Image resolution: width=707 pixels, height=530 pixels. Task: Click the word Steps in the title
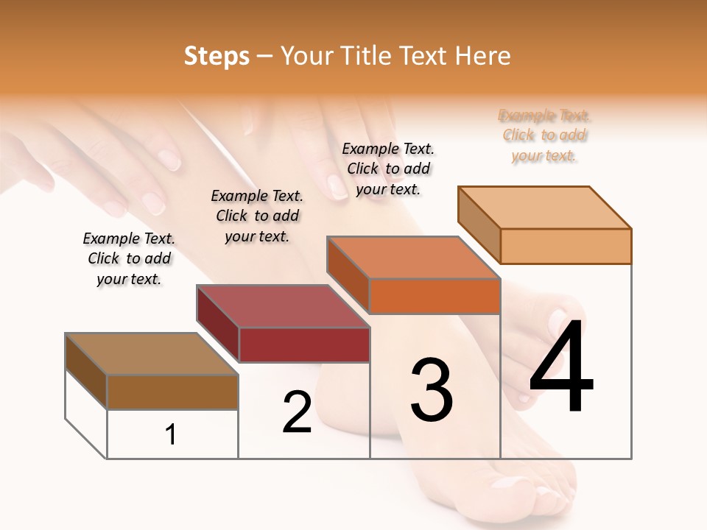[217, 56]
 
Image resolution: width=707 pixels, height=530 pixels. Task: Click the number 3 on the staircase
[432, 390]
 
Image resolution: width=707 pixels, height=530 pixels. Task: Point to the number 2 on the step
[297, 412]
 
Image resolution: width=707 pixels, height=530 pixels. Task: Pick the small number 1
[171, 435]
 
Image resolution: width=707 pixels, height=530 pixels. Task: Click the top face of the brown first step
[151, 354]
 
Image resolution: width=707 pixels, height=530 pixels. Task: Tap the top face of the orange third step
[412, 258]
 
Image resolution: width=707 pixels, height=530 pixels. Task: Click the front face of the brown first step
[172, 392]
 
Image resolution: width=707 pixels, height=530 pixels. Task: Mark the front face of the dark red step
[303, 344]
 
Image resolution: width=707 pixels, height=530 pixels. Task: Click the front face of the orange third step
[435, 296]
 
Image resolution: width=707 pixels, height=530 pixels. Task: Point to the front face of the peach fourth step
[566, 246]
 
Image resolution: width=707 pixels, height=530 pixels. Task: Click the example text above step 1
[129, 259]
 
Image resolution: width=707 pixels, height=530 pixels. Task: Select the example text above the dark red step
[257, 216]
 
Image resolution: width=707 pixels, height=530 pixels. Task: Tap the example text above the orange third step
[388, 169]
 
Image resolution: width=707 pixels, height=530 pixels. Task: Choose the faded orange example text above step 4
[544, 135]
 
